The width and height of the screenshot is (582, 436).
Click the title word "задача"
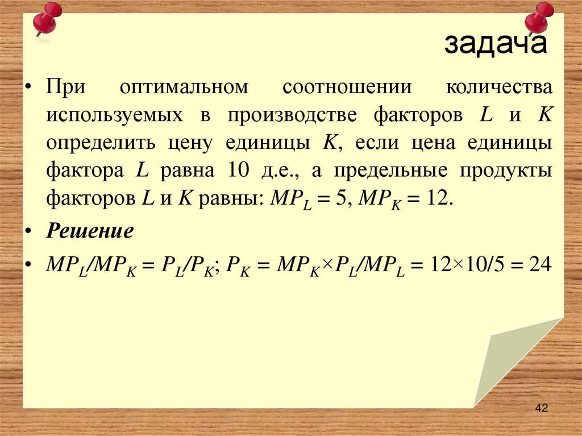[495, 44]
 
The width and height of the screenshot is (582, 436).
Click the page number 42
[541, 408]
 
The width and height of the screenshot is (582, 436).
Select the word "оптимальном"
[184, 88]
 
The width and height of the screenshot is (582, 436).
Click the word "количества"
[498, 88]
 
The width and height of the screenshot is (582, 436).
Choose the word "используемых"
[115, 115]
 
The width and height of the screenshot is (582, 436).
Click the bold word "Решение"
[90, 231]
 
